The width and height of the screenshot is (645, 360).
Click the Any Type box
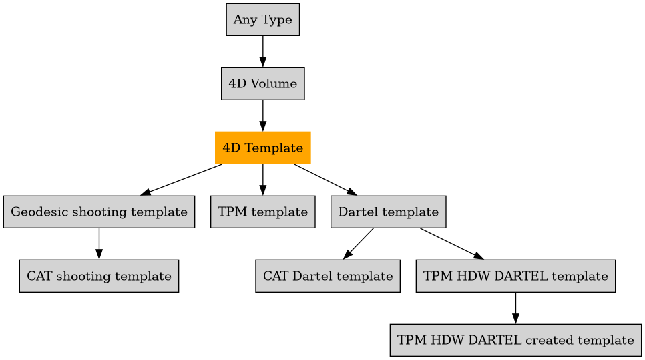click(262, 19)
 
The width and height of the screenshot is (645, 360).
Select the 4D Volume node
click(262, 83)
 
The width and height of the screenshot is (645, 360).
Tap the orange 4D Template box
click(262, 148)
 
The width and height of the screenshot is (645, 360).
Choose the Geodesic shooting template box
click(99, 212)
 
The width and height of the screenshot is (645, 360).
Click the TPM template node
click(262, 212)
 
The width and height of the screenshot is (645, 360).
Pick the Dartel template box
click(388, 212)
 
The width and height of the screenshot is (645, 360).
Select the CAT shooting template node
click(99, 276)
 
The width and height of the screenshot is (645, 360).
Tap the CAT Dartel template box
click(327, 276)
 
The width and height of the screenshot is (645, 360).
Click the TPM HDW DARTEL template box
click(515, 276)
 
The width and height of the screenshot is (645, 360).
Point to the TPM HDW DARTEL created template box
click(515, 340)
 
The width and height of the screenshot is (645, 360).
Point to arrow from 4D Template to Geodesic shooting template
click(182, 179)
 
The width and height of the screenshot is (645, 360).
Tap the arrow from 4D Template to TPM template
click(262, 180)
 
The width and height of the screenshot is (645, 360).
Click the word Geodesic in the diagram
click(35, 212)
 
